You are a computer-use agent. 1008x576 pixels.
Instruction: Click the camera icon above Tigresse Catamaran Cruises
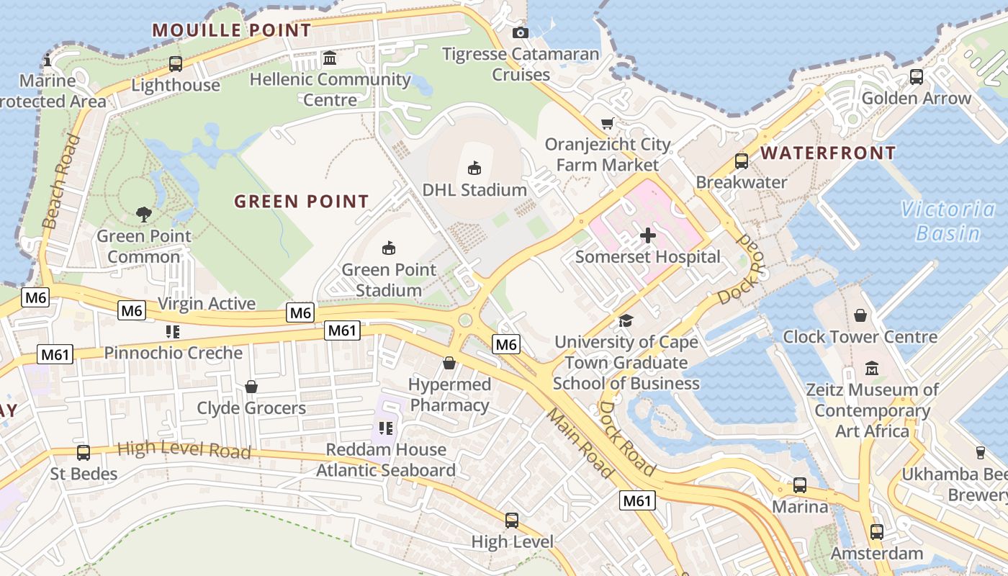[x=520, y=32]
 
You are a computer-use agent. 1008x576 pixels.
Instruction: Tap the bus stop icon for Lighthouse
[x=176, y=64]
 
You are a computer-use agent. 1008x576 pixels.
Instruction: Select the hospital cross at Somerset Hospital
[x=647, y=235]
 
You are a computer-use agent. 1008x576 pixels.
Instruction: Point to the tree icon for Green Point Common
[x=144, y=214]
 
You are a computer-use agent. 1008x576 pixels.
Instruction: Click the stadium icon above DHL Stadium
[x=474, y=168]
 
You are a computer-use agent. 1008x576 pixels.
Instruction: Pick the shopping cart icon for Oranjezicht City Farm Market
[x=608, y=124]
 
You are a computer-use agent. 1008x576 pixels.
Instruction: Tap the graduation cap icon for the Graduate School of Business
[x=626, y=320]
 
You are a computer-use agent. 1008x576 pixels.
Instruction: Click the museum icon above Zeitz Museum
[x=872, y=368]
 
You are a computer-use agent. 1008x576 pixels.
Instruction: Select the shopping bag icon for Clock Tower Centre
[x=860, y=315]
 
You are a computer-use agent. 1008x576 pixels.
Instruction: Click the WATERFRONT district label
[x=828, y=153]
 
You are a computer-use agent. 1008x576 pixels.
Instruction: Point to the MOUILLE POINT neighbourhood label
[x=232, y=30]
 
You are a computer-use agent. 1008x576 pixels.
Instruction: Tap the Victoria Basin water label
[x=948, y=221]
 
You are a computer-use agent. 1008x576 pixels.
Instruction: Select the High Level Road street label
[x=184, y=450]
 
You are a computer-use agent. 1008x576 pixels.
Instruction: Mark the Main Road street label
[x=580, y=444]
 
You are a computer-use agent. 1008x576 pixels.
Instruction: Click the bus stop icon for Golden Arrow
[x=916, y=76]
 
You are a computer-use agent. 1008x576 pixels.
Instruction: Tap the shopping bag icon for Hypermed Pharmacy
[x=449, y=363]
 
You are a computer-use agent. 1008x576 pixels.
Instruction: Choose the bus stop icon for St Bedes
[x=84, y=453]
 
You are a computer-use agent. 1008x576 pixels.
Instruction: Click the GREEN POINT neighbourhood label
[x=301, y=202]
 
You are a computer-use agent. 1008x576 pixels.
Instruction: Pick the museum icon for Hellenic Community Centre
[x=330, y=58]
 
